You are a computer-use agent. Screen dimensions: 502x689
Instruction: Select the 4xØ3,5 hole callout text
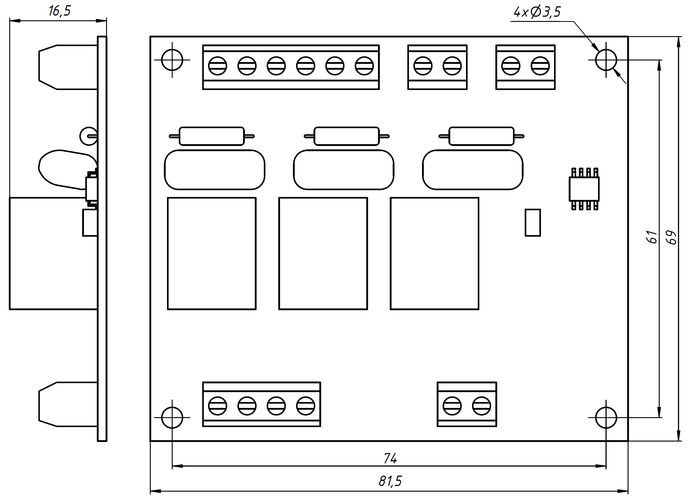point(537,12)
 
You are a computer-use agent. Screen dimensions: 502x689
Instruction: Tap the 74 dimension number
point(390,458)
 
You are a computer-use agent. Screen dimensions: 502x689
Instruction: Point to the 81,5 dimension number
point(390,481)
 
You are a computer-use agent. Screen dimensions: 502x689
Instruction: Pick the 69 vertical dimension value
point(671,237)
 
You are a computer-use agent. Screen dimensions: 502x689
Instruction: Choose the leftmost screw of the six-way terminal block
point(218,66)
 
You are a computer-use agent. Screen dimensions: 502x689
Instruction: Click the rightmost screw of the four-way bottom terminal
point(305,406)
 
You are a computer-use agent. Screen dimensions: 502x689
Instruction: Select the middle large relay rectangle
point(323,253)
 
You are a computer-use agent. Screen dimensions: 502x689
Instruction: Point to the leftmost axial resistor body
point(212,136)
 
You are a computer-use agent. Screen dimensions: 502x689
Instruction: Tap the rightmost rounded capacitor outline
point(473,170)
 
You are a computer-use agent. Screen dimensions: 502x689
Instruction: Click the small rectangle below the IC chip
point(533,222)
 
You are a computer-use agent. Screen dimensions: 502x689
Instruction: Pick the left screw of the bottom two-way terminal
point(452,406)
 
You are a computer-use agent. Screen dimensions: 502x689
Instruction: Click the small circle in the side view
point(88,136)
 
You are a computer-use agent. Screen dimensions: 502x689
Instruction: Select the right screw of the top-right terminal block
point(540,66)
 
